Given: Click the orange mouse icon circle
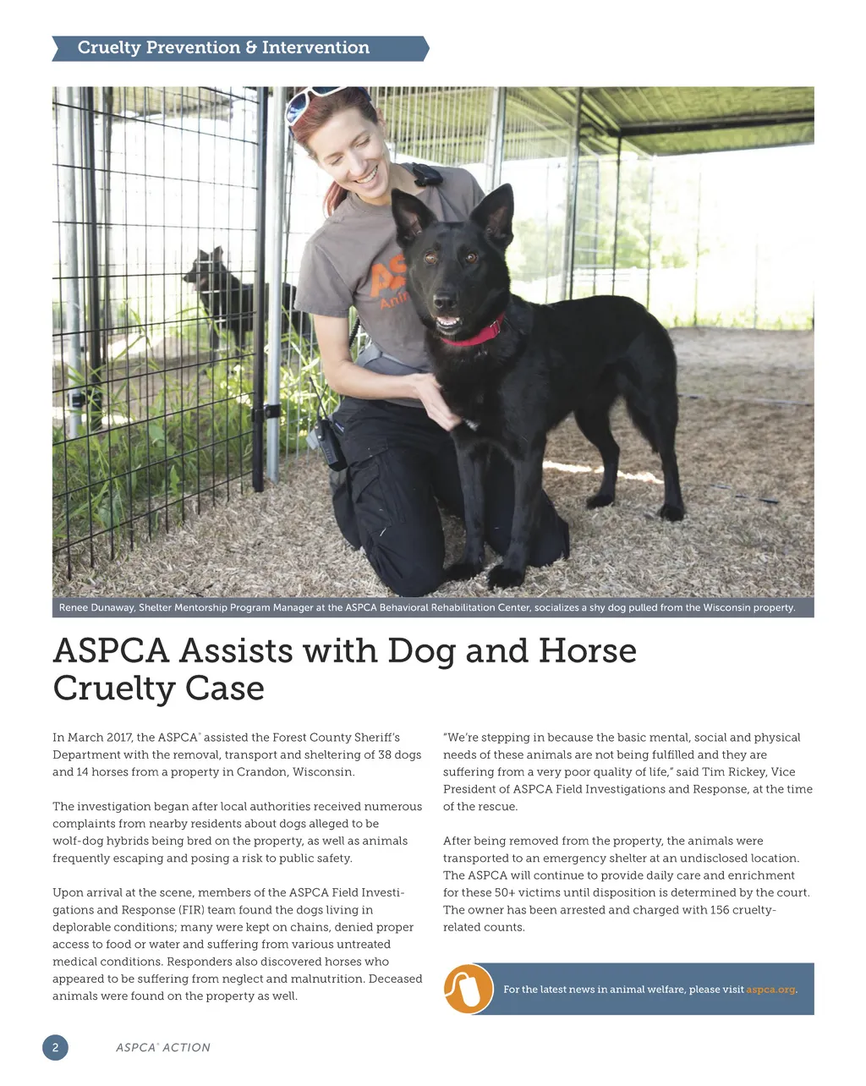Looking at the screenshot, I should [468, 988].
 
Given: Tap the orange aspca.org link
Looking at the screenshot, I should [770, 990].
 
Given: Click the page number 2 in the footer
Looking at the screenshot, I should [55, 1048].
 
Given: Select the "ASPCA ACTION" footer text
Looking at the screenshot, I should [162, 1048].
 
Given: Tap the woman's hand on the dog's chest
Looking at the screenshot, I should [436, 398].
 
